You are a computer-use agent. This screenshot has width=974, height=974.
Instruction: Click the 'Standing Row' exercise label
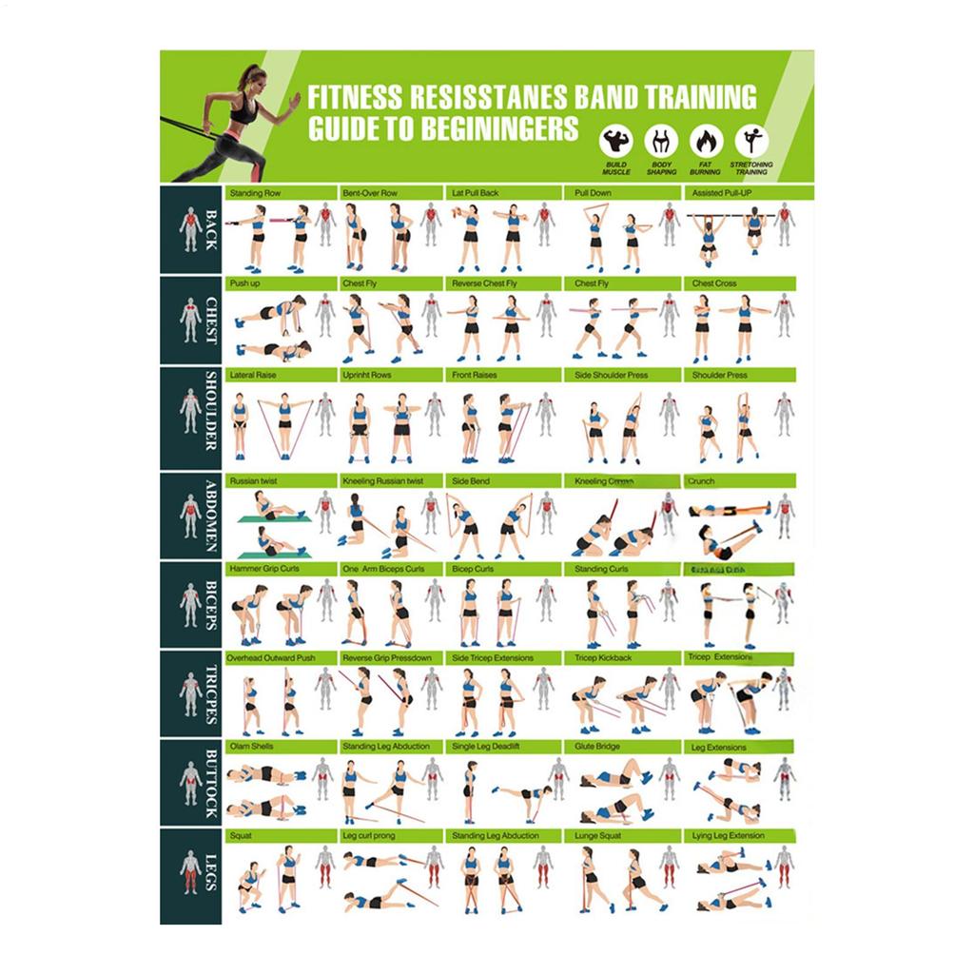pos(255,193)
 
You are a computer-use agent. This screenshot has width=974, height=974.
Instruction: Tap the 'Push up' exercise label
pos(243,283)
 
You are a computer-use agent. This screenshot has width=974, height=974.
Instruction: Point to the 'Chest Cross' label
pos(714,283)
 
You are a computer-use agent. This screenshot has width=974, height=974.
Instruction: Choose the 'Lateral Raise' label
pos(253,375)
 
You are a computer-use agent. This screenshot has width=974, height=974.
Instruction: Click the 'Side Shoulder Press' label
pos(611,375)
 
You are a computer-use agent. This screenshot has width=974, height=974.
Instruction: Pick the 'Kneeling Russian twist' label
pos(383,481)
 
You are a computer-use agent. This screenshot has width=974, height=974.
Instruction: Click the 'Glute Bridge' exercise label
pos(597,747)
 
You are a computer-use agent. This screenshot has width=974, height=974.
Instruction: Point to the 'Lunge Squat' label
pos(598,835)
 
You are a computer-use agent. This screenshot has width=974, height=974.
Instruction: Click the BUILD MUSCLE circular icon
pos(615,142)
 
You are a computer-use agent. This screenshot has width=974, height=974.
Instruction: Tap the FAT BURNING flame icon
pos(705,142)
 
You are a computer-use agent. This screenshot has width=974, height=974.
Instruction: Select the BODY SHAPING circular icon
pos(661,142)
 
